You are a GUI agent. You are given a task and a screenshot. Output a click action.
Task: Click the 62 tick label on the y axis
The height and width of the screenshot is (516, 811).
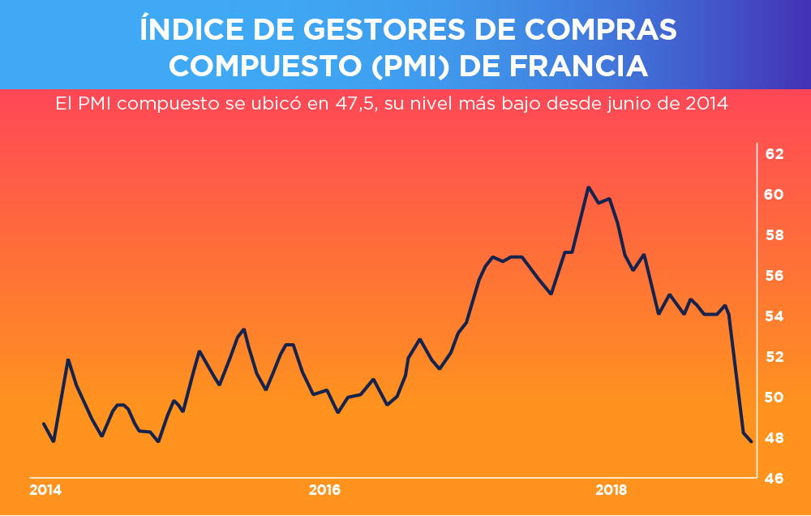[775, 154]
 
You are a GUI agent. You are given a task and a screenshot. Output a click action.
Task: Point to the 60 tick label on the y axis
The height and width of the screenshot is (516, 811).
[775, 195]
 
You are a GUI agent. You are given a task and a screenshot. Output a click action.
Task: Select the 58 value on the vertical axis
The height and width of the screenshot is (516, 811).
[775, 235]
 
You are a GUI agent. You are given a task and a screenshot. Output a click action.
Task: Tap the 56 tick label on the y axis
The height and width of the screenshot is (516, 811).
[775, 276]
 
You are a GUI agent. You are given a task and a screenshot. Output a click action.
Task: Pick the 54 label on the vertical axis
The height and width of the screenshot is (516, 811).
[775, 316]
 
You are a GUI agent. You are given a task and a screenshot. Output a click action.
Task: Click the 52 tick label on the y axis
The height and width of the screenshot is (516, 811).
[775, 357]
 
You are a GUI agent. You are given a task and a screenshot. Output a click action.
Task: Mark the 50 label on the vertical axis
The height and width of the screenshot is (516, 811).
[775, 398]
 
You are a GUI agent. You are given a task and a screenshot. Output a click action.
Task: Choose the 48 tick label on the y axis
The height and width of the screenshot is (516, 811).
[775, 438]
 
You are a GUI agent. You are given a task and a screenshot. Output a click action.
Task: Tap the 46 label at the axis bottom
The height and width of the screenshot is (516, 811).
[775, 479]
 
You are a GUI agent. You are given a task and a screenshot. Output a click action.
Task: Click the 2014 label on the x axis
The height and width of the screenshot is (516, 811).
[45, 490]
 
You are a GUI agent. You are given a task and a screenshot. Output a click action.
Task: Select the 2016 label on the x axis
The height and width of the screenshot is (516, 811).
[325, 490]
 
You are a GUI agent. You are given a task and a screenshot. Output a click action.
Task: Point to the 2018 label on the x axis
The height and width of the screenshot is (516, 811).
[611, 490]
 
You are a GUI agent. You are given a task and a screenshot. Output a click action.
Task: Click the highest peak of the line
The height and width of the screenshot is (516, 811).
[588, 187]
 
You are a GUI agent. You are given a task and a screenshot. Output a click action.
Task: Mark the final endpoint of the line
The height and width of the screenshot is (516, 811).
[752, 441]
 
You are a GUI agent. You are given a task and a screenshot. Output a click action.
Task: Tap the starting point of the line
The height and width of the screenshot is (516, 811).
[43, 424]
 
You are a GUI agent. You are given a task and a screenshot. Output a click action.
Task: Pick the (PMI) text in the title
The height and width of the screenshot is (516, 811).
[411, 66]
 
